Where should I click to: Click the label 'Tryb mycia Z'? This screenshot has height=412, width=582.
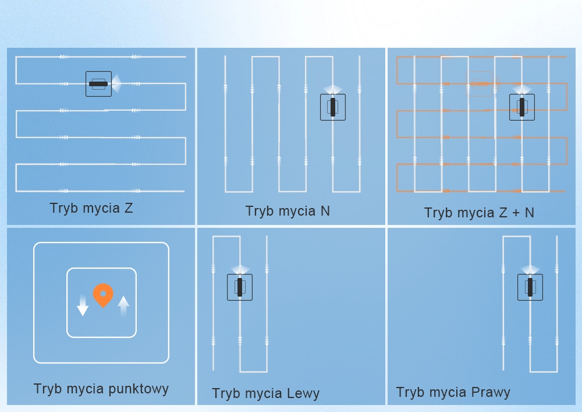click(91, 208)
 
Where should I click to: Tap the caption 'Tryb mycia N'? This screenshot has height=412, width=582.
click(288, 211)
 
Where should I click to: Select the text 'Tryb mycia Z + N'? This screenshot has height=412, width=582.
click(479, 213)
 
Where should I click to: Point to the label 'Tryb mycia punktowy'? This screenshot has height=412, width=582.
click(101, 389)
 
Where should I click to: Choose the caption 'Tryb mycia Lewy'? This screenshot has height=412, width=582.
click(265, 393)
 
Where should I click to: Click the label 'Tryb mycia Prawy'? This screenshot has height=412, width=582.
click(453, 392)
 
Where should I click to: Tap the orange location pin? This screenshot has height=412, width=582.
click(103, 294)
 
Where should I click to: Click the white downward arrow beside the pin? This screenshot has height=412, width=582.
click(83, 305)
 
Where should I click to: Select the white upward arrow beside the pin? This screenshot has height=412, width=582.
click(123, 305)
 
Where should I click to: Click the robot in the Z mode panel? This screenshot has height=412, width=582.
click(98, 84)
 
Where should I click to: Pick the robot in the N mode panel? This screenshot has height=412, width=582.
click(333, 107)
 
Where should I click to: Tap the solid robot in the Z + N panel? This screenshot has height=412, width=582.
click(522, 107)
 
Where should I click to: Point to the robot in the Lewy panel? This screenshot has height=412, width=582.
click(240, 287)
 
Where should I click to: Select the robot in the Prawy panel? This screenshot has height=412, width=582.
click(530, 287)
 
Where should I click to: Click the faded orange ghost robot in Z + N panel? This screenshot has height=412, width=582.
click(481, 83)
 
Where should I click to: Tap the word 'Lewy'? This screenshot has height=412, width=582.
click(303, 393)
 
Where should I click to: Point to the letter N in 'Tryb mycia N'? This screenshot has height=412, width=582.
click(325, 211)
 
